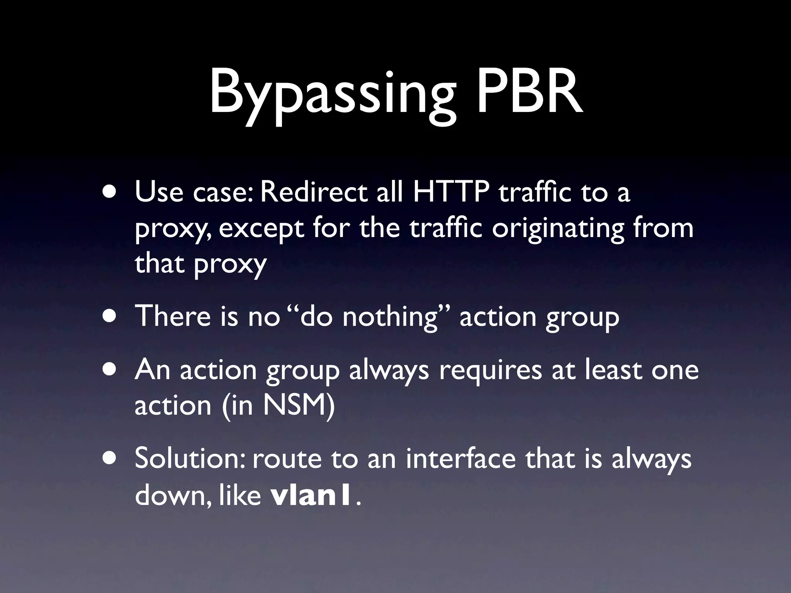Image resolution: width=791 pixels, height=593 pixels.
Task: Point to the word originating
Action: point(558,229)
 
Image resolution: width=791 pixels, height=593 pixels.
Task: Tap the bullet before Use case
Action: point(111,192)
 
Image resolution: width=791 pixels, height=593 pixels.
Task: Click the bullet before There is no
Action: point(111,316)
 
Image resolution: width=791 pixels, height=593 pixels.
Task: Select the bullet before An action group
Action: point(111,369)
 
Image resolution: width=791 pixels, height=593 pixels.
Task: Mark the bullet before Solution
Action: point(111,459)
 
